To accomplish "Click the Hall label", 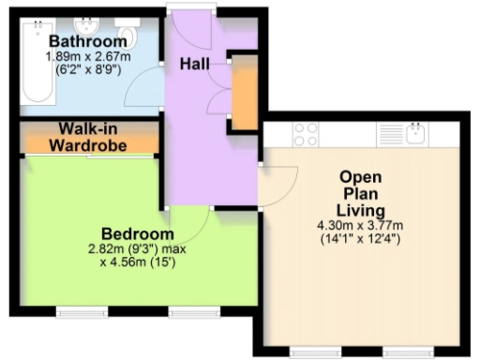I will pos(194,64).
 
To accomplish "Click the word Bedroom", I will pos(138,233).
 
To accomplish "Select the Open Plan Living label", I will pos(359,192).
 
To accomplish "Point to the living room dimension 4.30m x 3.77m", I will pos(359,225).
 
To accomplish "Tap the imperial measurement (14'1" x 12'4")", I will pos(359,239).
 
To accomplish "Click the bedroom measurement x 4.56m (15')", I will pos(138,262).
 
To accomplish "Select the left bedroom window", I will pos(75,310).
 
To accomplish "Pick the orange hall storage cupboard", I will pos(242,95).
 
